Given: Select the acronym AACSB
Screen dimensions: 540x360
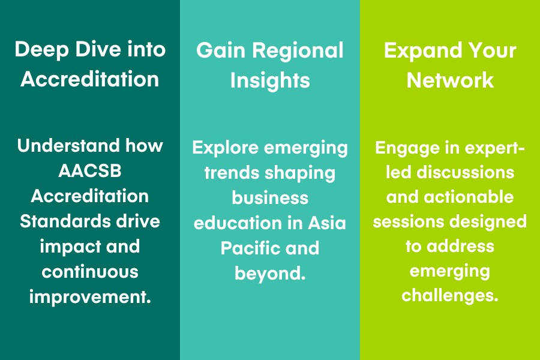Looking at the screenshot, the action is point(90,171).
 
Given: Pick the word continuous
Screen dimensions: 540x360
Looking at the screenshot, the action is point(90,272).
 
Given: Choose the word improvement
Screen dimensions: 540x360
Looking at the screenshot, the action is point(90,297).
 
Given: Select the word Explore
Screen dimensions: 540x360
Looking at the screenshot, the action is point(225,148).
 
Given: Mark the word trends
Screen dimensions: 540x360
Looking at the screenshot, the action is point(231,173).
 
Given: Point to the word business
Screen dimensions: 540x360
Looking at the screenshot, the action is point(270,198).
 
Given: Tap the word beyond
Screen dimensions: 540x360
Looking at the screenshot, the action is point(270,274).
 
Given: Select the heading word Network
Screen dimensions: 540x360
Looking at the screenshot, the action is point(450,80).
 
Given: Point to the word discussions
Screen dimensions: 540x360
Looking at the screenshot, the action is point(465,172).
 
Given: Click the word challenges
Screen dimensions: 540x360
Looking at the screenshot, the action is point(450,296).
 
